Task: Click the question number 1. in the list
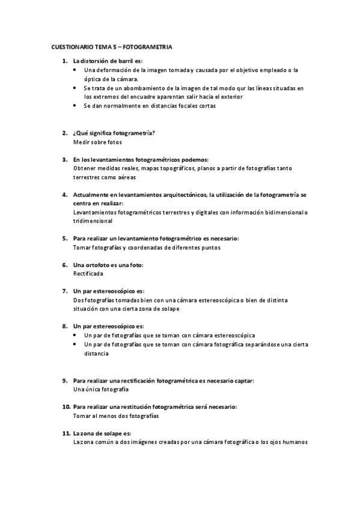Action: pyautogui.click(x=65, y=61)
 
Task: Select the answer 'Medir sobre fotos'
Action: pyautogui.click(x=97, y=142)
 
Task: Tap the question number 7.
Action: pyautogui.click(x=65, y=290)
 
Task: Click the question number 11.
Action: pyautogui.click(x=66, y=433)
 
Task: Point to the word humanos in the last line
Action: pyautogui.click(x=294, y=442)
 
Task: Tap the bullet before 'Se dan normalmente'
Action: pyautogui.click(x=74, y=105)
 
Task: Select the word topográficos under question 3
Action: pyautogui.click(x=164, y=168)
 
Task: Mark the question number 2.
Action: pyautogui.click(x=65, y=133)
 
